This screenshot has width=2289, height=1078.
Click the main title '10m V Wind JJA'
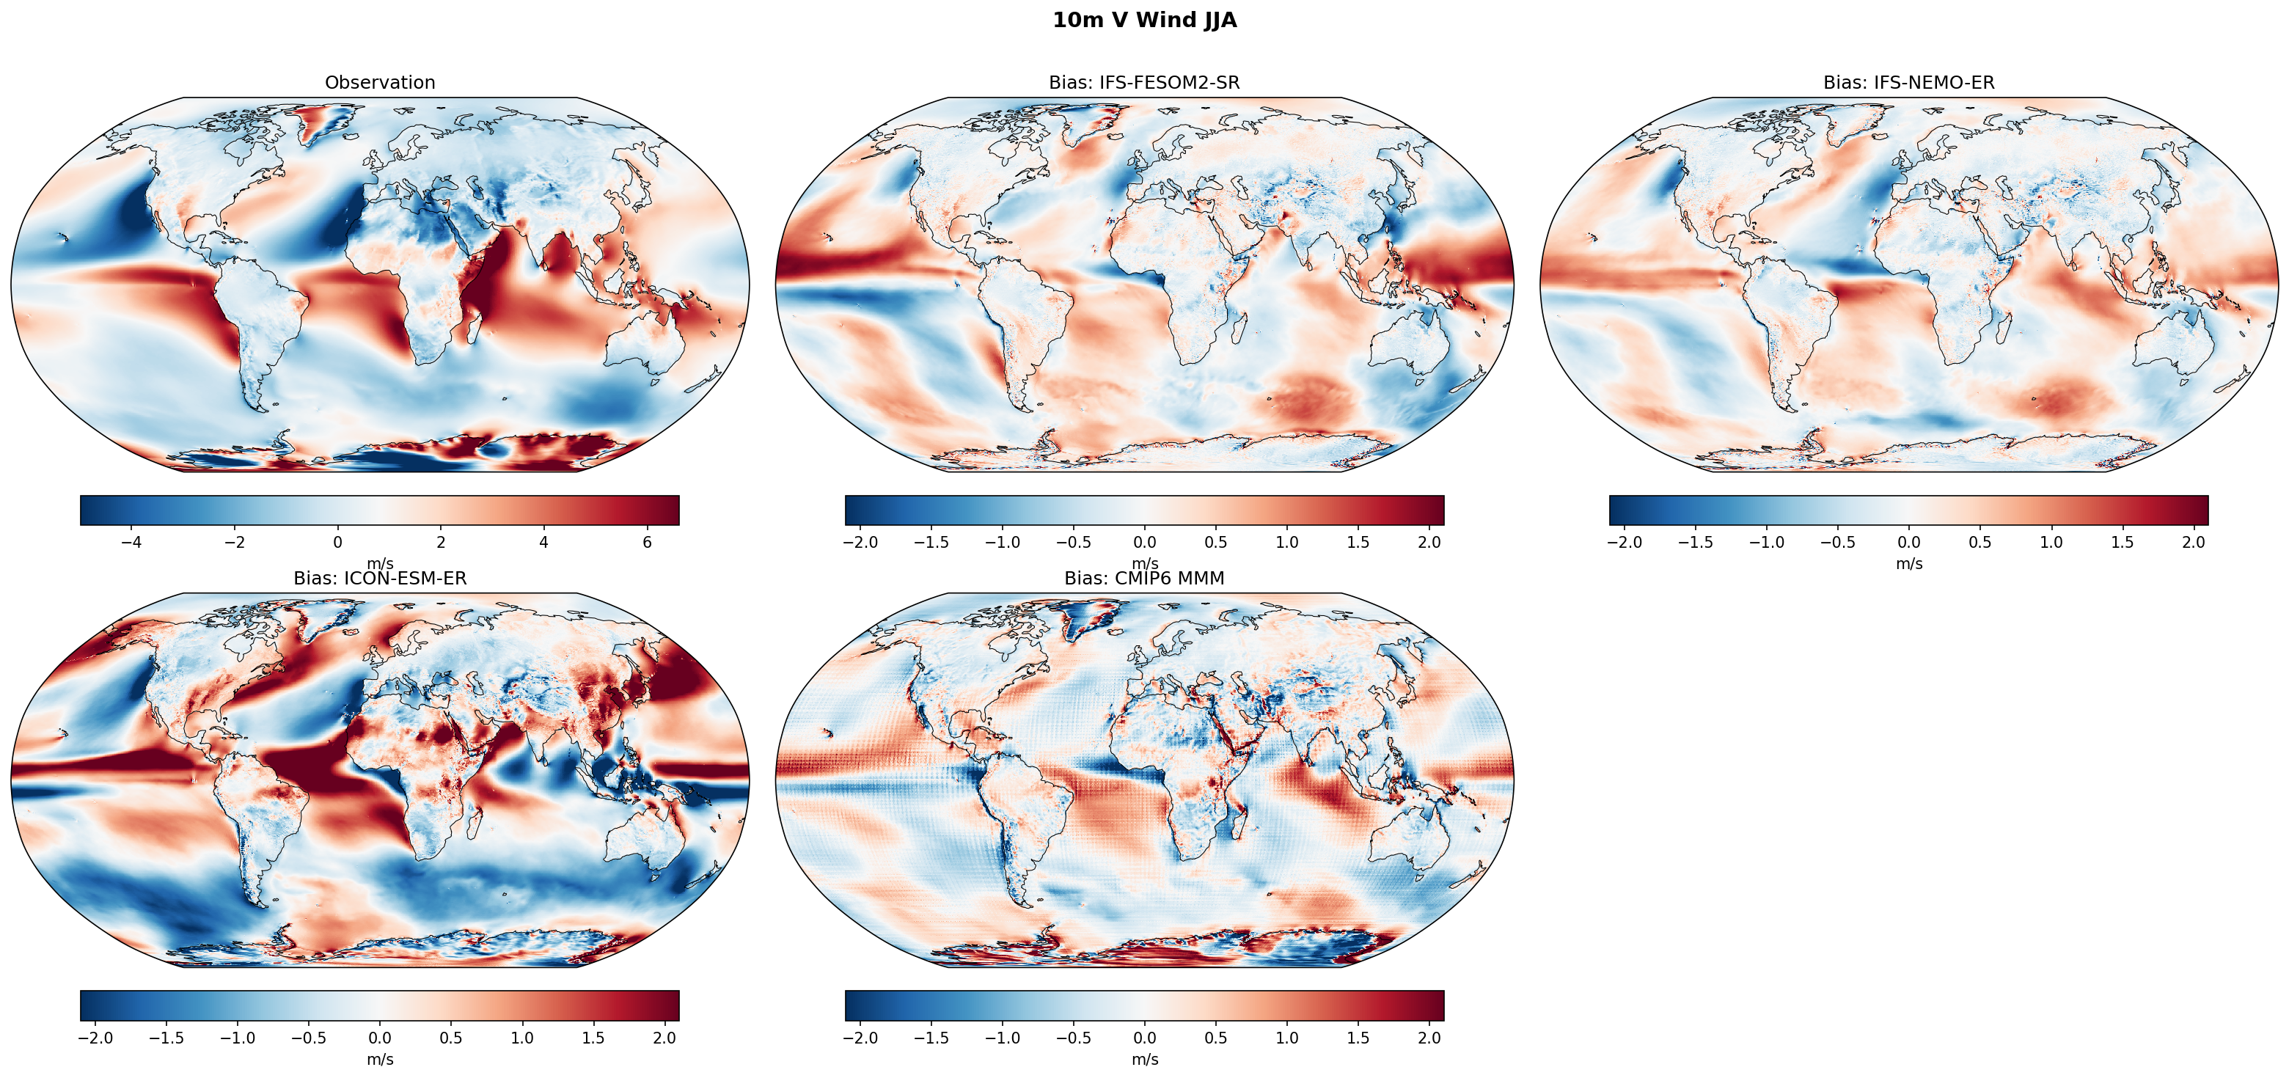pyautogui.click(x=1143, y=21)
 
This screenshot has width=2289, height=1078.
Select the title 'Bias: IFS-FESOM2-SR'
pyautogui.click(x=1143, y=83)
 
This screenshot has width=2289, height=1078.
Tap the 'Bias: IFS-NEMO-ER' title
pyautogui.click(x=1908, y=83)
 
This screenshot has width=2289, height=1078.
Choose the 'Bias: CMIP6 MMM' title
pyautogui.click(x=1143, y=579)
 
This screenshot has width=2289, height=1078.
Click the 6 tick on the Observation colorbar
pyautogui.click(x=647, y=542)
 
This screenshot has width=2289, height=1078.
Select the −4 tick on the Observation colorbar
pyautogui.click(x=131, y=542)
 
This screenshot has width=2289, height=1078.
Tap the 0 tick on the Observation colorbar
pyautogui.click(x=337, y=542)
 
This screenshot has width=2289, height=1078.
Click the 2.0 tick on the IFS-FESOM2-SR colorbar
pyautogui.click(x=1429, y=542)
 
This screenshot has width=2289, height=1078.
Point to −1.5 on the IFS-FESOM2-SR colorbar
pyautogui.click(x=931, y=542)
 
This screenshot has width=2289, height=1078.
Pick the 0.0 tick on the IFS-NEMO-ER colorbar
pyautogui.click(x=1908, y=542)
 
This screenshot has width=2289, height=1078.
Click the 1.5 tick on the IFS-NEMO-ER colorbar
pyautogui.click(x=2122, y=542)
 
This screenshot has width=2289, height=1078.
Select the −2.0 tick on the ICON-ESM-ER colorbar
pyautogui.click(x=95, y=1038)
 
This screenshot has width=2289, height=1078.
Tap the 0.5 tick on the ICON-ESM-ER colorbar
pyautogui.click(x=450, y=1038)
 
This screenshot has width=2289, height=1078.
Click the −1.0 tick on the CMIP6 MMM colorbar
pyautogui.click(x=1003, y=1038)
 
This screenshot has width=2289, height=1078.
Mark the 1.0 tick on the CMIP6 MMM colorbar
pyautogui.click(x=1286, y=1038)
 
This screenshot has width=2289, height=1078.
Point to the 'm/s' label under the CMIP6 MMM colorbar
pyautogui.click(x=1144, y=1060)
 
